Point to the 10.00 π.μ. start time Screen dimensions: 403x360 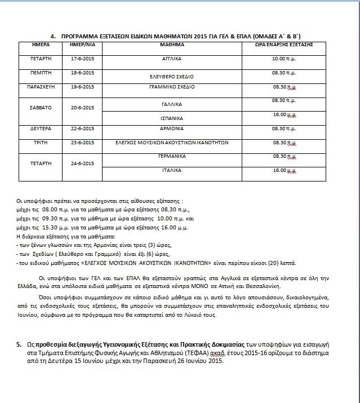283,59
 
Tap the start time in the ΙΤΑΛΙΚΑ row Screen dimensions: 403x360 283,170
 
